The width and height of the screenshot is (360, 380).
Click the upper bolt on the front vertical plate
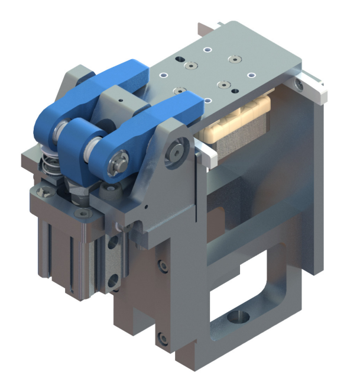(161, 266)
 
